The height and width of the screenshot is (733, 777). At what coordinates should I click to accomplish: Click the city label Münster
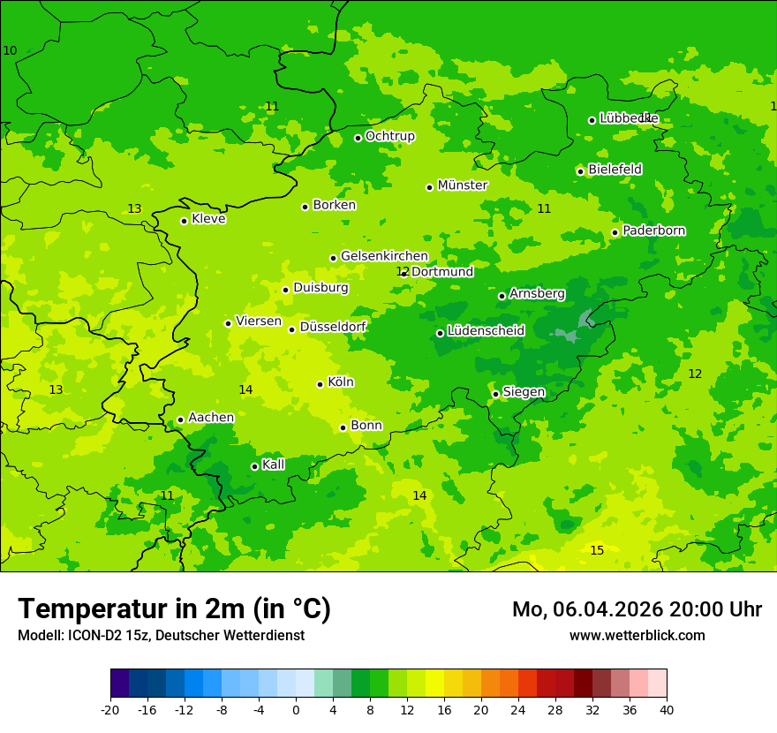coord(462,185)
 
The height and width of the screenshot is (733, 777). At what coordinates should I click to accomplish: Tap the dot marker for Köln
coord(320,384)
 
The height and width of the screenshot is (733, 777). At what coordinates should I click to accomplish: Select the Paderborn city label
coord(653,230)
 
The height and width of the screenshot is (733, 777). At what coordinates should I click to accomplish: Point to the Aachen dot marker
coord(180,420)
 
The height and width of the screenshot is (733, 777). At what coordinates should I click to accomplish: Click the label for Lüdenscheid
coord(486,331)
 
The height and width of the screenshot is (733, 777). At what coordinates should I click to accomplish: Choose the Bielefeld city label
coord(615,170)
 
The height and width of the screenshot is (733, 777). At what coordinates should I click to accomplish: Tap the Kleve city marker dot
coord(184,221)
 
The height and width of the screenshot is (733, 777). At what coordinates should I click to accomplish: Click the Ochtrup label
coord(389,136)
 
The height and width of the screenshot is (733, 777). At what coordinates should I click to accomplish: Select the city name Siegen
coord(524,392)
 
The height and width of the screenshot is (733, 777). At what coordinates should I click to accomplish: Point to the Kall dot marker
coord(254,466)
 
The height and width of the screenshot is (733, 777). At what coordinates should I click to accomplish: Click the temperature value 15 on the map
coord(597,550)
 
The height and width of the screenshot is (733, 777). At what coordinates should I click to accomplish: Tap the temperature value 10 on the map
coord(10,50)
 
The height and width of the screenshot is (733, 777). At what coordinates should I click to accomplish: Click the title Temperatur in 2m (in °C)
coord(174,608)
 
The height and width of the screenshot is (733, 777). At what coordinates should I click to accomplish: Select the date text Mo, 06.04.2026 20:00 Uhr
coord(637,609)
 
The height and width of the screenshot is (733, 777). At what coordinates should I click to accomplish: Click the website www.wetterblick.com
coord(637,636)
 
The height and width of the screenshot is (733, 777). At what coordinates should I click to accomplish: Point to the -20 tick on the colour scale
coord(110,710)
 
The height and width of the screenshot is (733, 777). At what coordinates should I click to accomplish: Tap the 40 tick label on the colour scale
coord(667,710)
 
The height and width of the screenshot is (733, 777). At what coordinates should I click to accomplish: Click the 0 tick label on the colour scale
coord(296,710)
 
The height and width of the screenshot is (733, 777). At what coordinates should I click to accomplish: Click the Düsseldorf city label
coord(333,327)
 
